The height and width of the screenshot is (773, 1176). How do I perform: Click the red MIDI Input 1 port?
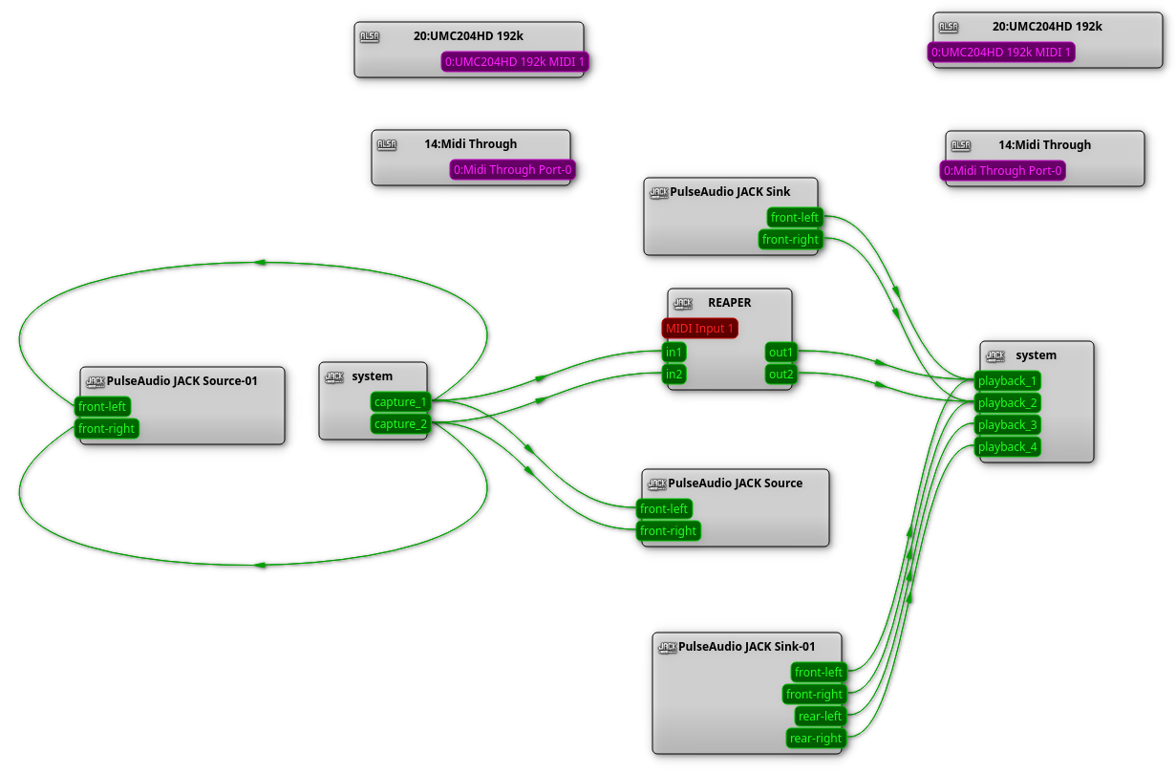click(699, 329)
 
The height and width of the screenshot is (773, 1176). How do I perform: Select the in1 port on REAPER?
click(674, 353)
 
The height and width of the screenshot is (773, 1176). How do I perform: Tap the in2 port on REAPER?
click(674, 375)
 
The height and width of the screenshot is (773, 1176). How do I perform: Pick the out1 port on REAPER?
click(780, 353)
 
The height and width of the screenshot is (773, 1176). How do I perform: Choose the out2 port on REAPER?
click(780, 375)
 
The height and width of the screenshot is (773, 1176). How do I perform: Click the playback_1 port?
click(1007, 381)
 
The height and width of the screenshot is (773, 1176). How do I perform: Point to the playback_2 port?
click(1007, 403)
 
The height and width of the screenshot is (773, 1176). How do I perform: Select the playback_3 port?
click(1007, 425)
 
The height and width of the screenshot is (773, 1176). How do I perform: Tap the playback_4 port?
click(1007, 447)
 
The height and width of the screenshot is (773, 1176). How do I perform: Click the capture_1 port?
click(400, 402)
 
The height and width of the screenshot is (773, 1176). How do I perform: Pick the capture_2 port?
click(400, 424)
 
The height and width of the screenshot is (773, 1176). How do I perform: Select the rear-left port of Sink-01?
click(820, 717)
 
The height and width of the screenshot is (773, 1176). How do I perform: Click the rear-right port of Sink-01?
click(816, 739)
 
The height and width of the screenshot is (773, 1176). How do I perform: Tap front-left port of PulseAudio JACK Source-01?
click(102, 407)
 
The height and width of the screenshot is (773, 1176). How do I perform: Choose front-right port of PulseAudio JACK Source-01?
click(107, 429)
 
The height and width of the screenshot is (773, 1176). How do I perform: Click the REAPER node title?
click(729, 303)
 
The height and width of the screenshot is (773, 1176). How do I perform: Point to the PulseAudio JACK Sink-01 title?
click(746, 647)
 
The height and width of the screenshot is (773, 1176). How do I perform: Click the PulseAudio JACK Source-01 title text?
click(182, 381)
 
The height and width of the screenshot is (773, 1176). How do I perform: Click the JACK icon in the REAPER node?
click(683, 304)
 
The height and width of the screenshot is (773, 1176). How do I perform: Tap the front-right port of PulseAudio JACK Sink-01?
click(814, 695)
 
